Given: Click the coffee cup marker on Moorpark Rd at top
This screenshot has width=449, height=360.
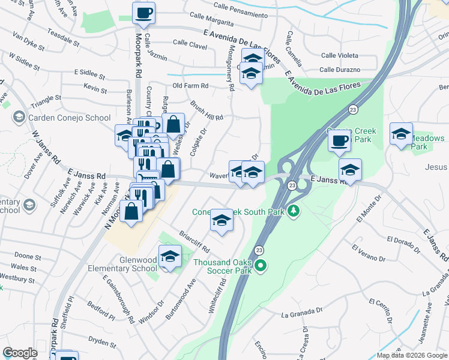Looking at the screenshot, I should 143,13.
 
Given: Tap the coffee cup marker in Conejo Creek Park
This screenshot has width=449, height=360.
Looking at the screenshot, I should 340,141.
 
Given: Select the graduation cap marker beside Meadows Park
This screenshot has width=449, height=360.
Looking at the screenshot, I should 401,134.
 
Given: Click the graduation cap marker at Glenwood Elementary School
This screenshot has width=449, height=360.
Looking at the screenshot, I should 170,257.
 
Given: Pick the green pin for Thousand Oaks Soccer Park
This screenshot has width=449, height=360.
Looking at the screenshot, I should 260,265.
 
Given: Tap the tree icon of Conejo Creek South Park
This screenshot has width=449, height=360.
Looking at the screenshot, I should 294,211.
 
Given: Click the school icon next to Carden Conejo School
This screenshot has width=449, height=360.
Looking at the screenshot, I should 19,118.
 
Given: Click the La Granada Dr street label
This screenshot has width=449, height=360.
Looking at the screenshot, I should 298,313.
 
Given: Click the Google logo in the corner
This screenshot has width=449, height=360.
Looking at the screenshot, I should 20,353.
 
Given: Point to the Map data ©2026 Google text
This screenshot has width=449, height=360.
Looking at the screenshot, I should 411,355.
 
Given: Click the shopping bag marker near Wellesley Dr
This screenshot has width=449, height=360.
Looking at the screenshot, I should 173,125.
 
